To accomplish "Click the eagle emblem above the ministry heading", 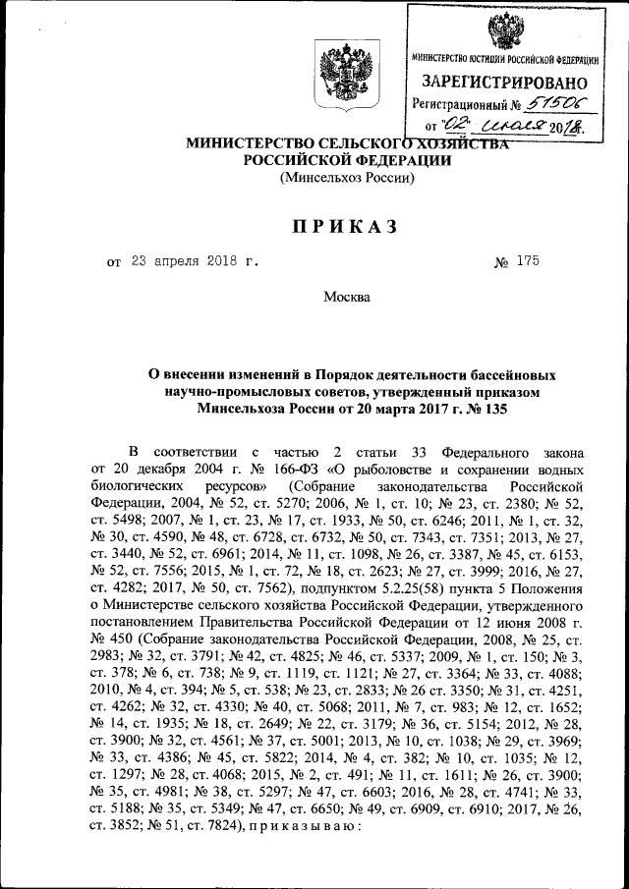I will click(346, 76).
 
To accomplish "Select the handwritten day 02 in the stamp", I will click(458, 126).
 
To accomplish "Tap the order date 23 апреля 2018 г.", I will click(190, 262).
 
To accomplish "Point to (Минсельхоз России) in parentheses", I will click(347, 178).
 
